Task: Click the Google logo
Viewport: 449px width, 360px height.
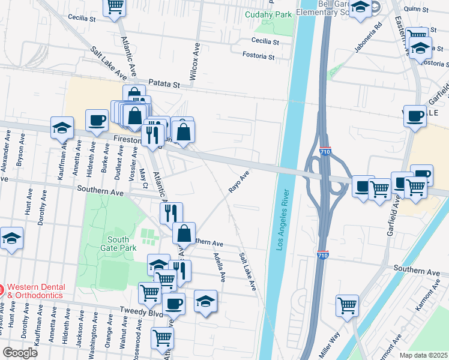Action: click(x=19, y=352)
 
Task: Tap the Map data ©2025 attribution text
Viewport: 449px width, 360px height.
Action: click(x=423, y=355)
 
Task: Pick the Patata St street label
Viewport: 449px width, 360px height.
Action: click(x=164, y=85)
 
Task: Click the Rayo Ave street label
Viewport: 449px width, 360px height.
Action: click(x=238, y=181)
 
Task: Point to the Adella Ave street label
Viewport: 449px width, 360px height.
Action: click(x=218, y=267)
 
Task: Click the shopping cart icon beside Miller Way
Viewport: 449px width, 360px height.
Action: click(x=348, y=304)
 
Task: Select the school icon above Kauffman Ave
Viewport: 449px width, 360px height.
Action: click(x=62, y=127)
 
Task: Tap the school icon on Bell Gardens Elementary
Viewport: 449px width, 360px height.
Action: click(x=360, y=8)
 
